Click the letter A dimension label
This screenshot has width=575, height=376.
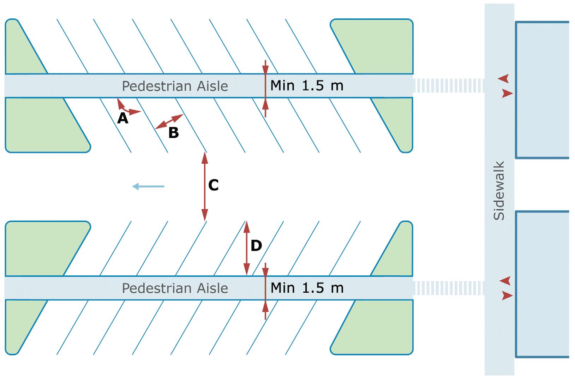(122, 119)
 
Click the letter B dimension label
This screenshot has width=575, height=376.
(173, 133)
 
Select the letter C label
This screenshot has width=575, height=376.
(214, 185)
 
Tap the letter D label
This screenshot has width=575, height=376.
(256, 246)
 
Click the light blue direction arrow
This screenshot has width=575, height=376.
(148, 186)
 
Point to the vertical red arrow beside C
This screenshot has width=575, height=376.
(204, 186)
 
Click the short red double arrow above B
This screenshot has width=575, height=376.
(169, 121)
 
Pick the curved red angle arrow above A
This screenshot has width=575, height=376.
(127, 108)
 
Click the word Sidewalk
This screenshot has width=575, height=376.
(499, 191)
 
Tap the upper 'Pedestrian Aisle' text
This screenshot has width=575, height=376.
(175, 86)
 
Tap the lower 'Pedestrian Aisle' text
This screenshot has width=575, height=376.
(175, 288)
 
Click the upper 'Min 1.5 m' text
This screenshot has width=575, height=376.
(307, 85)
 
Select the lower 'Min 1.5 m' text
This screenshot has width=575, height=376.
(307, 288)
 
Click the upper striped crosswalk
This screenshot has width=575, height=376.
(448, 86)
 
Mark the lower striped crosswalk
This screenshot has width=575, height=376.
(448, 288)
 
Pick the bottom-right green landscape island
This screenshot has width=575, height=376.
(381, 332)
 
